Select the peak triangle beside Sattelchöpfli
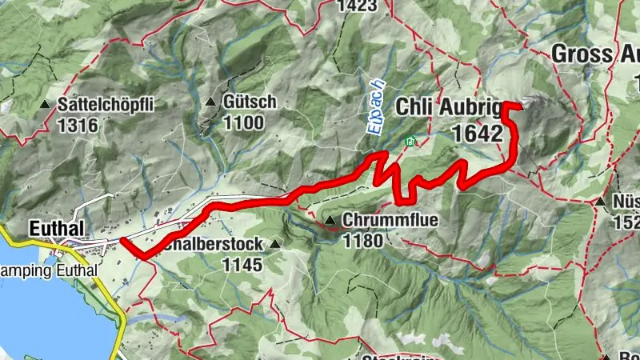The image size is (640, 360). pos(46,105)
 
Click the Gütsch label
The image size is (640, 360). pos(250,102)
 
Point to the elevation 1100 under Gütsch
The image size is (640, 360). pos(245,122)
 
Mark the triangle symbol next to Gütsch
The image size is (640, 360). pos(211,102)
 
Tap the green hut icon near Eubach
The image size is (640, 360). pos(410,142)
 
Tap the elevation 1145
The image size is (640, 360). pos(242,263)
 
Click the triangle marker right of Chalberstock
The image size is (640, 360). pos(277,244)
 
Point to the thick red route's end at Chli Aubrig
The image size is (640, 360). pos(520,106)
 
